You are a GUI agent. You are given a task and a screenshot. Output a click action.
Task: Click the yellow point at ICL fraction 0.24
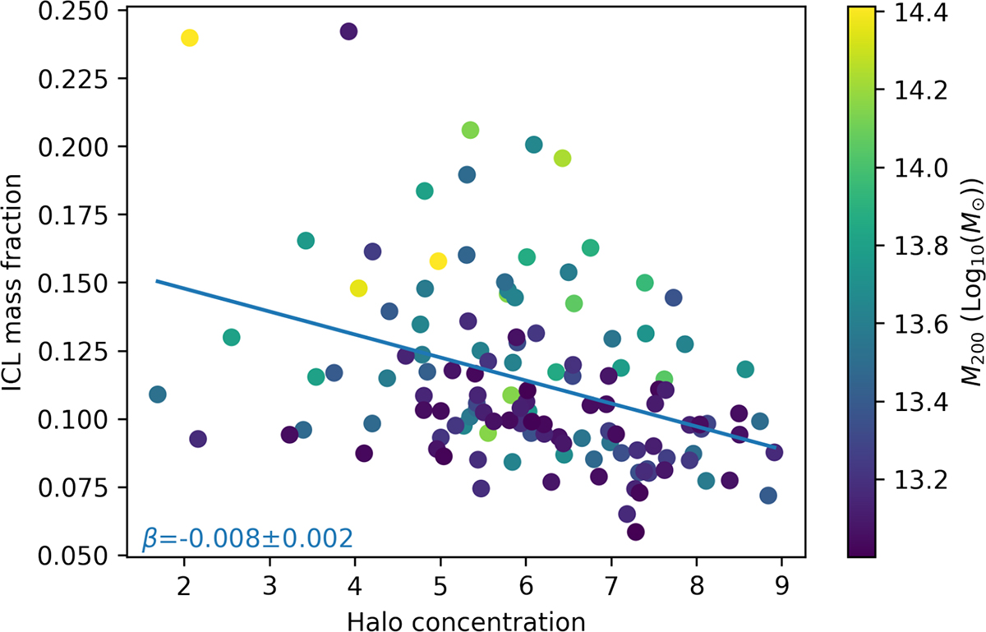189,38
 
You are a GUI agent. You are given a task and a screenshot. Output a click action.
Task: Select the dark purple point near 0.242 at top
348,31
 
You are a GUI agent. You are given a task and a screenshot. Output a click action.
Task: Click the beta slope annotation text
247,539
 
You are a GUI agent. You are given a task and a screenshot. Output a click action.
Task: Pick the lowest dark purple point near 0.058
635,532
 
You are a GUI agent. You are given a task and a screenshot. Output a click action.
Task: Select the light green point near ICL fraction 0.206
470,130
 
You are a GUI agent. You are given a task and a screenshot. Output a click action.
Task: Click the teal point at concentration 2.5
231,337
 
